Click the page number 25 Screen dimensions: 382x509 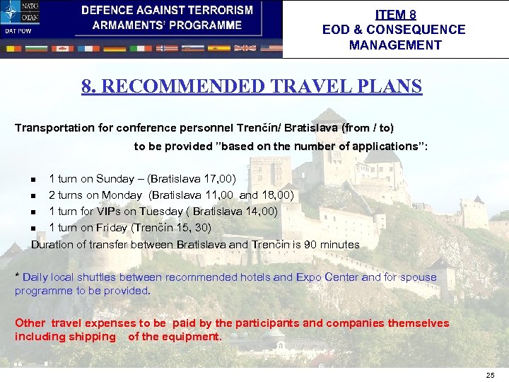(491, 375)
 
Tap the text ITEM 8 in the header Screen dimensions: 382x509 (395, 14)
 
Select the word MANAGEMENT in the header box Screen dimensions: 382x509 (395, 45)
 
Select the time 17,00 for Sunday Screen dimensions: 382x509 (219, 178)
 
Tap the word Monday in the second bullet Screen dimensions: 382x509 (122, 195)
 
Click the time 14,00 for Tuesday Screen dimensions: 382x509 (260, 211)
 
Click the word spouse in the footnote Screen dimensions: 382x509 (419, 277)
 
